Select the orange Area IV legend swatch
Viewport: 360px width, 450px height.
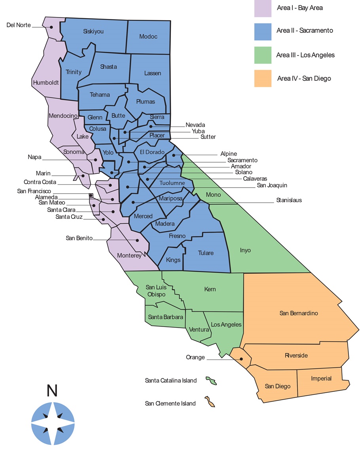[x=263, y=78]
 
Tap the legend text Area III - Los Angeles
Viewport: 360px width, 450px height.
[x=305, y=55]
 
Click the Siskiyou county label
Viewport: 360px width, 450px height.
[x=93, y=31]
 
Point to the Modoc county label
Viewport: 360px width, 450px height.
[x=148, y=36]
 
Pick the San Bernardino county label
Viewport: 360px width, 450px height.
[x=299, y=313]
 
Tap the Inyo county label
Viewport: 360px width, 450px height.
[x=245, y=250]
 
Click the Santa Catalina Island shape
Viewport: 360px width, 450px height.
[x=211, y=381]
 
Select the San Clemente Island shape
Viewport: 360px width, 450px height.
[x=210, y=402]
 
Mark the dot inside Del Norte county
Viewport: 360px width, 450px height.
[x=51, y=27]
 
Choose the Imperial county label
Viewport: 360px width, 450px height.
[x=321, y=378]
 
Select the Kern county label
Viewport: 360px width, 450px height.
[x=210, y=289]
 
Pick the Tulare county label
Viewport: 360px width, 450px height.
[x=206, y=253]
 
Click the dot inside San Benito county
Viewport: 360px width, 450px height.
[x=138, y=240]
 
